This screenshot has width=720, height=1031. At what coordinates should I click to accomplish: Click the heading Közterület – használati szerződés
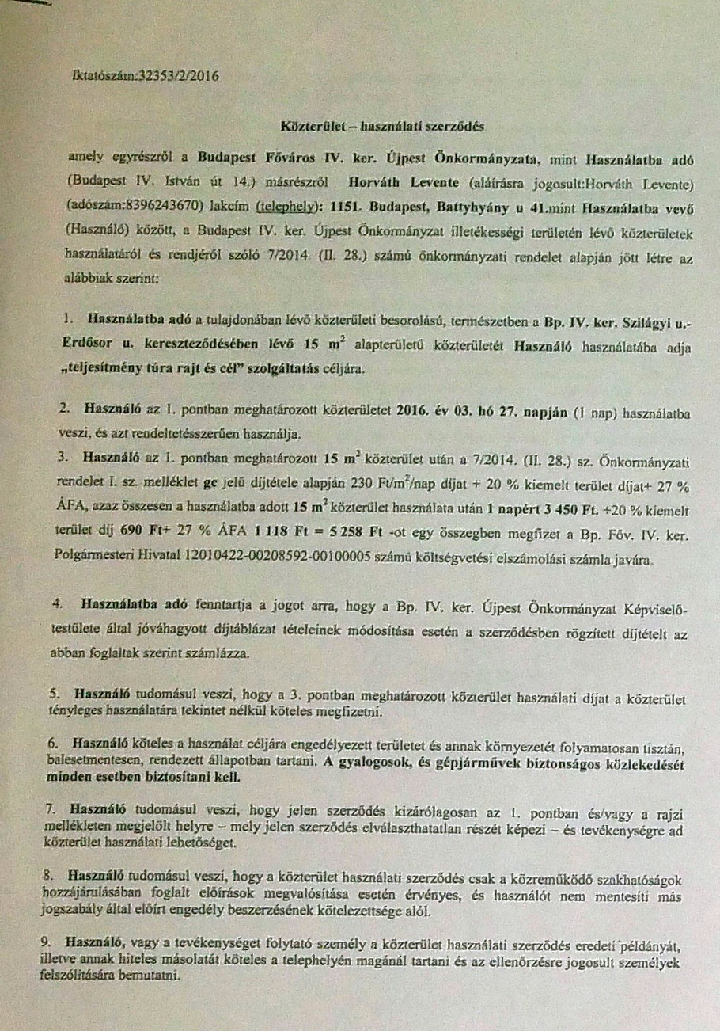point(381,126)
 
